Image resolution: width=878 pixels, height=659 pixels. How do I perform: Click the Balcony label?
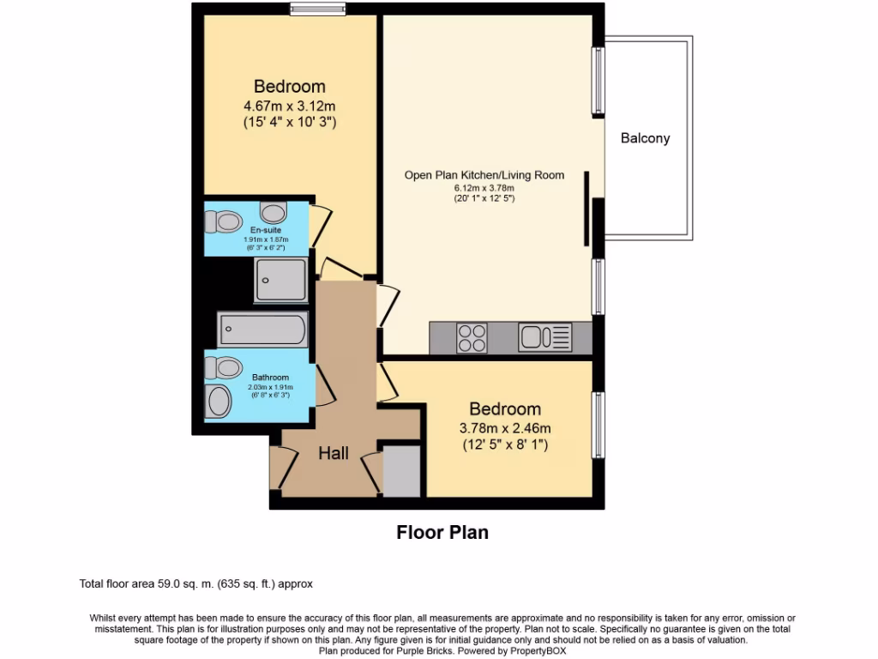[645, 138]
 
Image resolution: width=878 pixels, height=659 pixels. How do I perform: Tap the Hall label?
[334, 453]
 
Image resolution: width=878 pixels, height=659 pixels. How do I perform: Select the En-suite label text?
[266, 230]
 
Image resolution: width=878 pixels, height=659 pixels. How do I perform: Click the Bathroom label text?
[270, 378]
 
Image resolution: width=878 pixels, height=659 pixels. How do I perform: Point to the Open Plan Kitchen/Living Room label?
[484, 175]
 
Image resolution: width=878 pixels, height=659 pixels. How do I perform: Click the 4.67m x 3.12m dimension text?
[290, 106]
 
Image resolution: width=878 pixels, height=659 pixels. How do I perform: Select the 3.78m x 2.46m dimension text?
[505, 429]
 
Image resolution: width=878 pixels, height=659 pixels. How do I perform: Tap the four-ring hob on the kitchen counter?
[472, 338]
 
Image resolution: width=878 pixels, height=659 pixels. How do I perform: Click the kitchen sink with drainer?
[544, 337]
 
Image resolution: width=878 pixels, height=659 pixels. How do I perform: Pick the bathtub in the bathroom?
[262, 329]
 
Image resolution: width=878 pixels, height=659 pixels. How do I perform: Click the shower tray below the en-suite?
[281, 280]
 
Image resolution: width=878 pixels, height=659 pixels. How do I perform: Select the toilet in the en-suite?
[223, 221]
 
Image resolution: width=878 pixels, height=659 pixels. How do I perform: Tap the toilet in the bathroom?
[223, 367]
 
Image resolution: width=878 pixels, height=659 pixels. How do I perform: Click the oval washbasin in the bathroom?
[219, 402]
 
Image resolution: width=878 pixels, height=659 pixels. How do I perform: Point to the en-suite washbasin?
[274, 213]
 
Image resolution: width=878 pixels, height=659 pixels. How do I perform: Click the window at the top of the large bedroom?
[317, 9]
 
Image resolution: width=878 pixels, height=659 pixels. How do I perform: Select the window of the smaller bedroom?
[598, 425]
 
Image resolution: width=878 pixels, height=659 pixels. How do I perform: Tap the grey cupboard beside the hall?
[401, 471]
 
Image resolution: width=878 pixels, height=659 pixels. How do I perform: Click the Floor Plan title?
[442, 532]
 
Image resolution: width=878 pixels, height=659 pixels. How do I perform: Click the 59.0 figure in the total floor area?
[167, 583]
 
